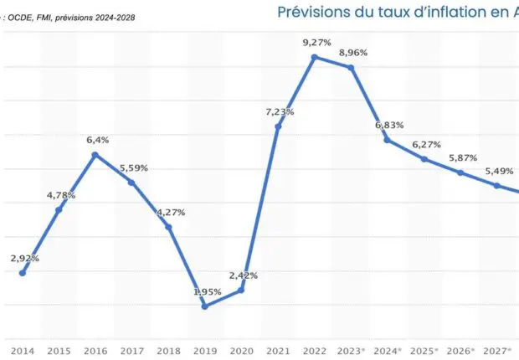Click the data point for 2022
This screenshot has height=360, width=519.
(314, 57)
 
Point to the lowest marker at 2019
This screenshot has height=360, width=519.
(205, 306)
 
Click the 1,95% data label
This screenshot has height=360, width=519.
(208, 291)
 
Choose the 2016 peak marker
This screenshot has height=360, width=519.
(95, 155)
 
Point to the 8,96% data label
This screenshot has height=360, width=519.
(354, 53)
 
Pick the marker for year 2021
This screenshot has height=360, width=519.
(278, 126)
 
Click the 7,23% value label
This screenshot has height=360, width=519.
(280, 111)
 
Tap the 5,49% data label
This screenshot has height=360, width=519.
(500, 171)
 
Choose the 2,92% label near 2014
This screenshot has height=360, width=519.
(25, 258)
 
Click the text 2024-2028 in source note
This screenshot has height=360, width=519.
(113, 18)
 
